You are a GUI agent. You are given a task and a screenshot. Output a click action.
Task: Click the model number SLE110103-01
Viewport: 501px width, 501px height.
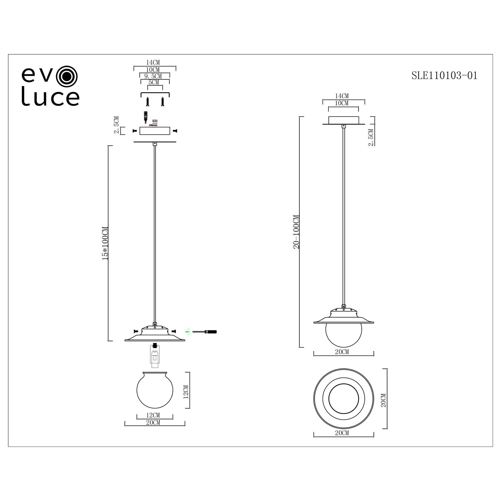pyautogui.click(x=444, y=75)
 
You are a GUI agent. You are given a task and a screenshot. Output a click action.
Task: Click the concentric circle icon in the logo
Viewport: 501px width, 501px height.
pyautogui.click(x=67, y=76)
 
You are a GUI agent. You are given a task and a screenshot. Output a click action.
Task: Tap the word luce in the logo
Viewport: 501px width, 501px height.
pyautogui.click(x=50, y=96)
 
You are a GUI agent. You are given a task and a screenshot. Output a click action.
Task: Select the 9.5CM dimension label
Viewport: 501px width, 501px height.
pyautogui.click(x=153, y=76)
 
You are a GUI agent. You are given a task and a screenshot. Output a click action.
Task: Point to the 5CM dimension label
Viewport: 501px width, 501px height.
pyautogui.click(x=154, y=82)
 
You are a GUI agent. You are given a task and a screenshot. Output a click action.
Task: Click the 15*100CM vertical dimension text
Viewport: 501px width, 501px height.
pyautogui.click(x=105, y=243)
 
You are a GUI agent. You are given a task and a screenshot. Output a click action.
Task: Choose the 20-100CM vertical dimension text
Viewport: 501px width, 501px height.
pyautogui.click(x=296, y=232)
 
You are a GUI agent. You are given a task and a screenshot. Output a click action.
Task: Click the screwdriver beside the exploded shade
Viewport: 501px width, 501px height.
pyautogui.click(x=205, y=332)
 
